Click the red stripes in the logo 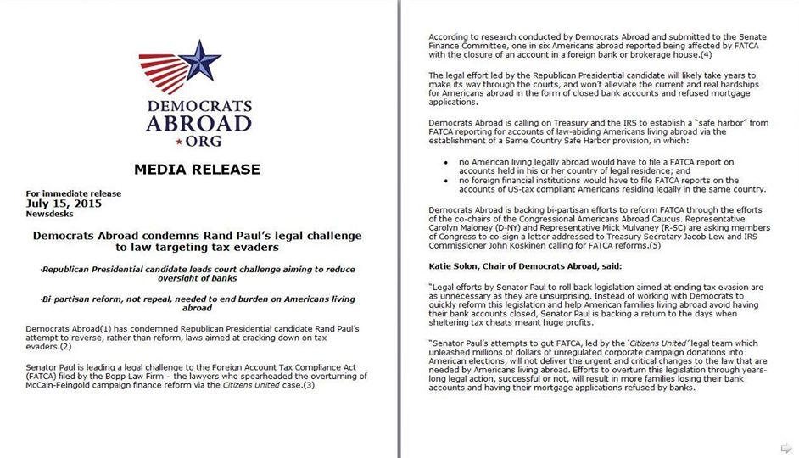[x=163, y=72]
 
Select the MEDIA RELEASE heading [x=196, y=169]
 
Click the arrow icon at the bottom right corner [x=786, y=447]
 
